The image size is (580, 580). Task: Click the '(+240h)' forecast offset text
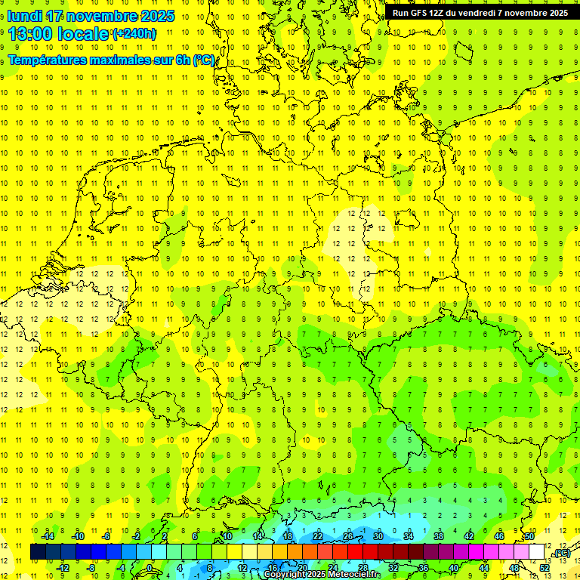click(134, 34)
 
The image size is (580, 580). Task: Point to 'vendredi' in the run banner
click(471, 13)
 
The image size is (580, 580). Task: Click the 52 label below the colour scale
click(544, 568)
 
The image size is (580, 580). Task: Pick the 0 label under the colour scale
click(150, 568)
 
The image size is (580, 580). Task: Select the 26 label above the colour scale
click(347, 536)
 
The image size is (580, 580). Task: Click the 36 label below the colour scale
click(423, 568)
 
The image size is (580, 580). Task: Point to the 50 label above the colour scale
click(529, 536)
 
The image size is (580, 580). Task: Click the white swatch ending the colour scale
click(536, 552)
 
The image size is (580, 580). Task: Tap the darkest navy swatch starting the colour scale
click(38, 552)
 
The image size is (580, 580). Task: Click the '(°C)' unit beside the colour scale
click(561, 553)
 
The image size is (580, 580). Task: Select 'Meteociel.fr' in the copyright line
click(355, 575)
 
